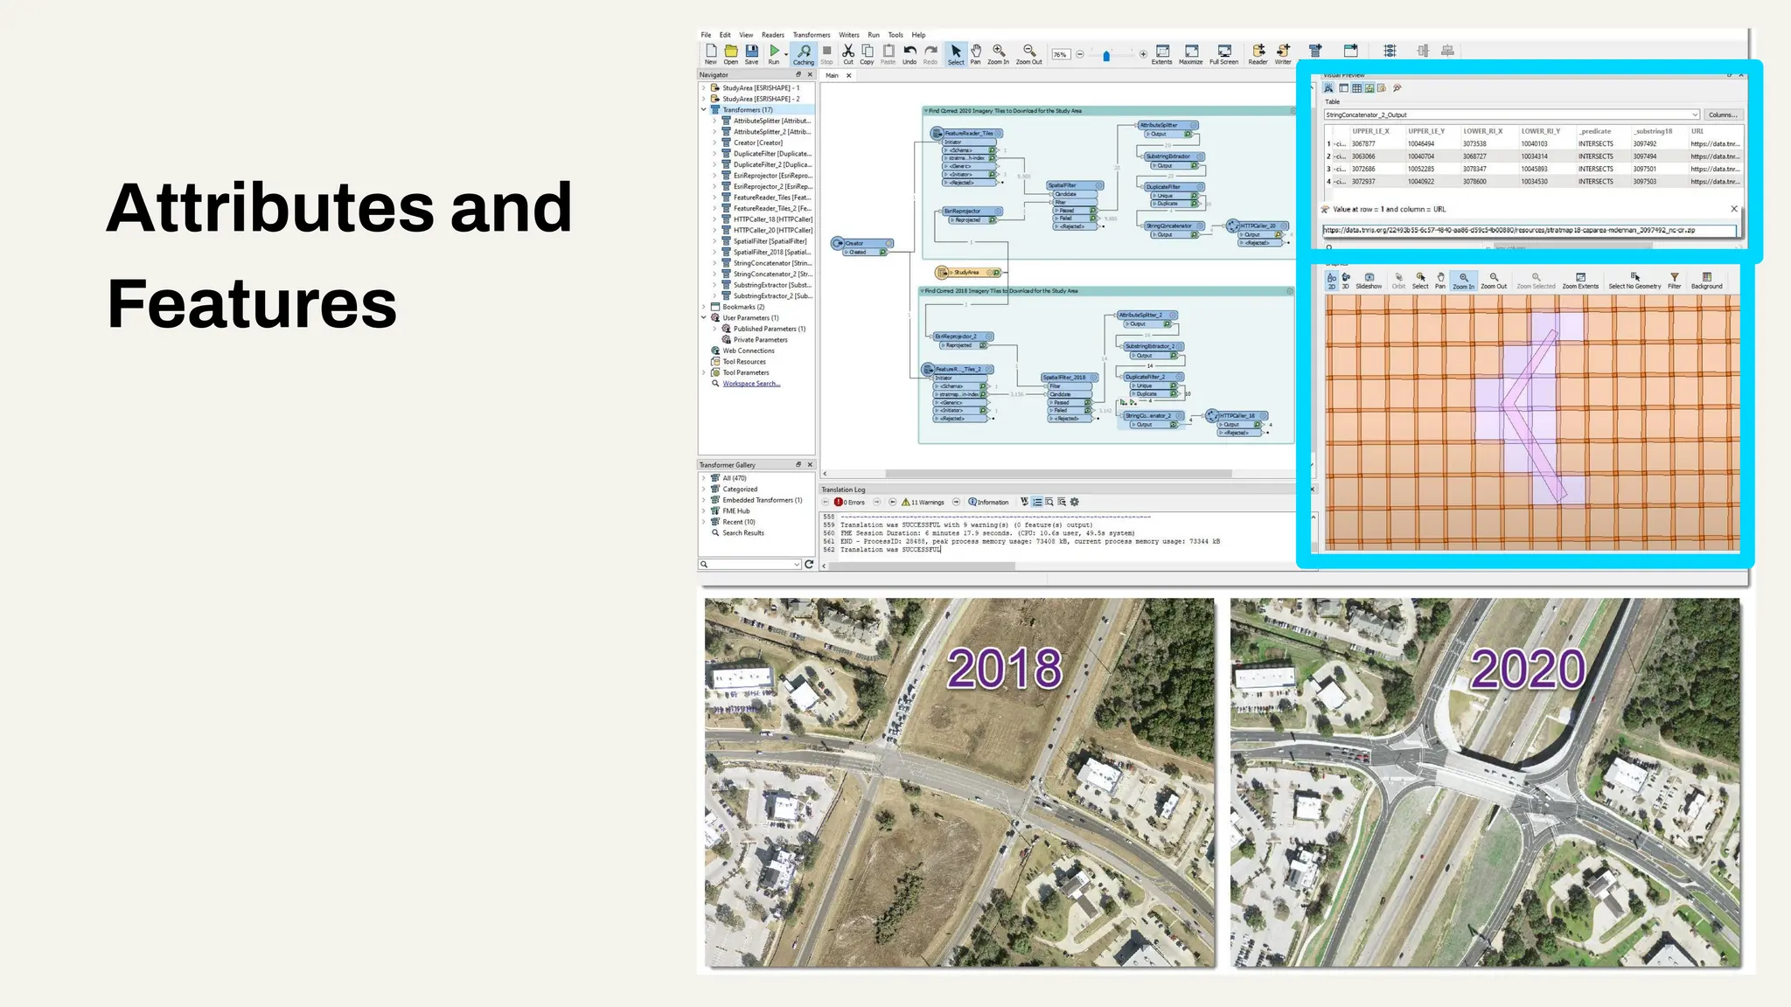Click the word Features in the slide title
pyautogui.click(x=252, y=304)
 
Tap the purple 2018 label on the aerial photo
pyautogui.click(x=1005, y=670)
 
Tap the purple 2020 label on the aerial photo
pyautogui.click(x=1528, y=670)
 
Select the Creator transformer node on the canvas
pyautogui.click(x=861, y=243)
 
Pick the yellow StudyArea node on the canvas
pyautogui.click(x=967, y=273)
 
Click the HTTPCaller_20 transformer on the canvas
pyautogui.click(x=1258, y=226)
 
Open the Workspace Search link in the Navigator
pyautogui.click(x=751, y=384)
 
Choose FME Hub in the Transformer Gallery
pyautogui.click(x=736, y=511)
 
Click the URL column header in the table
pyautogui.click(x=1697, y=131)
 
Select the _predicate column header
pyautogui.click(x=1596, y=131)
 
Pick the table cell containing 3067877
pyautogui.click(x=1363, y=144)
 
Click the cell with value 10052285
pyautogui.click(x=1421, y=170)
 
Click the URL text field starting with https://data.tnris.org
pyautogui.click(x=1528, y=231)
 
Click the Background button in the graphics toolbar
pyautogui.click(x=1706, y=281)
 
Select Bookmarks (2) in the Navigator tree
pyautogui.click(x=743, y=307)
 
